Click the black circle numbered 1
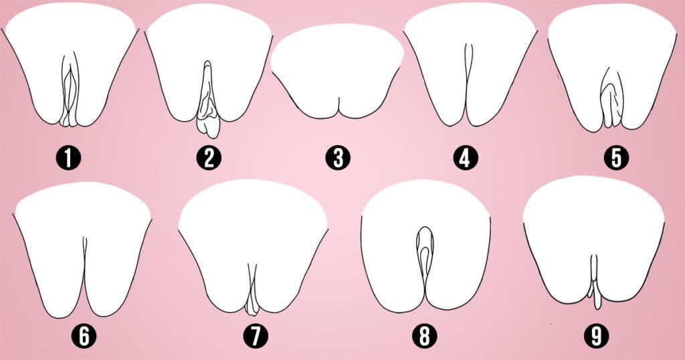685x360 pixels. pyautogui.click(x=68, y=159)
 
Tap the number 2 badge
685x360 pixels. pyautogui.click(x=209, y=159)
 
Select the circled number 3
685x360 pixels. pyautogui.click(x=338, y=159)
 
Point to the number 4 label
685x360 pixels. pyautogui.click(x=466, y=159)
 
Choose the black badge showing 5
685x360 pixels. pyautogui.click(x=615, y=159)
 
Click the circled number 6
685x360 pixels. pyautogui.click(x=84, y=337)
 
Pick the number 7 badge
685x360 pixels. pyautogui.click(x=253, y=337)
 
